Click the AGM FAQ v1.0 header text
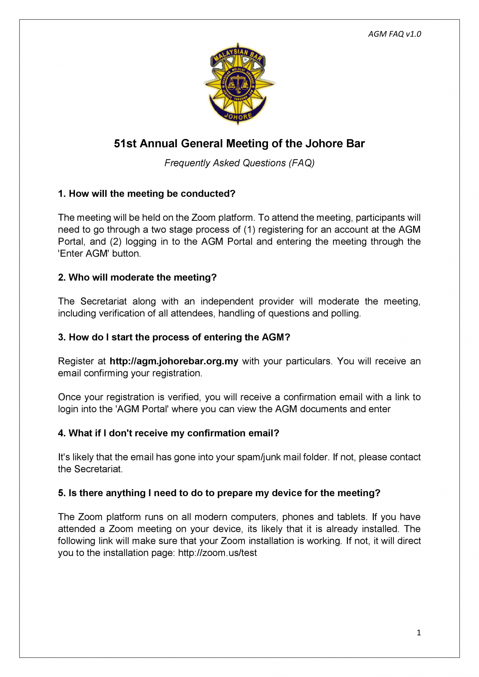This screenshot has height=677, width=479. (x=394, y=34)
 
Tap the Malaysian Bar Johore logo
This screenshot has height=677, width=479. (x=239, y=83)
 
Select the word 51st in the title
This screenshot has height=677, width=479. (x=125, y=144)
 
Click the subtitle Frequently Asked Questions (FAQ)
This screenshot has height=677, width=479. (x=239, y=163)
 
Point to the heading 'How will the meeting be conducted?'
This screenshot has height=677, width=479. (x=147, y=194)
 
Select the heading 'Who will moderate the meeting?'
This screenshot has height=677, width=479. (x=137, y=277)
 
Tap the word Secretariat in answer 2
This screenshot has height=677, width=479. (x=104, y=301)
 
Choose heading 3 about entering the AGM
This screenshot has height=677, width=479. (x=174, y=337)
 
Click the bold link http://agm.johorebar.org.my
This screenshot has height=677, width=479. (x=174, y=361)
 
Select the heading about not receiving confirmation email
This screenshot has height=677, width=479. (x=169, y=433)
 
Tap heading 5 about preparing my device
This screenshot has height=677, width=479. (x=219, y=493)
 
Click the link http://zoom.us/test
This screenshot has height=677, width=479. (x=217, y=553)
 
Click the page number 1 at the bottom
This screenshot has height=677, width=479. (x=418, y=633)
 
